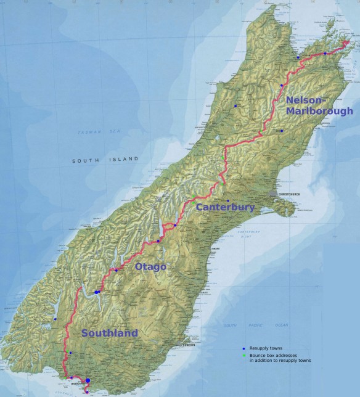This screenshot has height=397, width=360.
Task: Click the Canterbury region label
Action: tap(225, 208)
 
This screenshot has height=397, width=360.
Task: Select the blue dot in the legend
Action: tap(243, 349)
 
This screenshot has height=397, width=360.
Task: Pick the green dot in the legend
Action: tap(243, 356)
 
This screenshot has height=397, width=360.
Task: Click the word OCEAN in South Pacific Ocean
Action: tap(282, 325)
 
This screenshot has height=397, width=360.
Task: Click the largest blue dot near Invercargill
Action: tap(88, 381)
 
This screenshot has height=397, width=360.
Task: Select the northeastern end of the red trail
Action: tap(350, 41)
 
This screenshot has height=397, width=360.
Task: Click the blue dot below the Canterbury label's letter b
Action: tap(228, 201)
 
